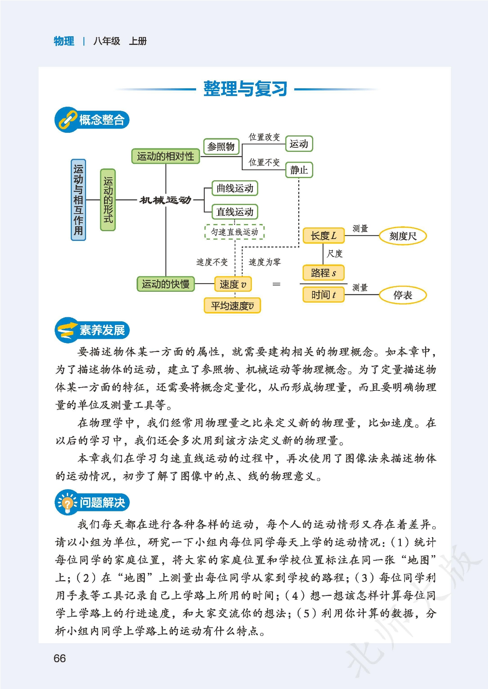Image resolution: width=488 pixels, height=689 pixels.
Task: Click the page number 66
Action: [x=60, y=658]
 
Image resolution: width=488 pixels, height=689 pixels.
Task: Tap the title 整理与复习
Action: [x=245, y=89]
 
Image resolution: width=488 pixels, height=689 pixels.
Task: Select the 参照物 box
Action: [x=221, y=146]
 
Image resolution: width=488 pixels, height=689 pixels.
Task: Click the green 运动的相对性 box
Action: [x=165, y=156]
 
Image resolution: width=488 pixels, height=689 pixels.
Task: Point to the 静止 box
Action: [x=299, y=170]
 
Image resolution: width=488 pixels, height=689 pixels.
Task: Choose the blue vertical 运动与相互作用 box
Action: [x=78, y=199]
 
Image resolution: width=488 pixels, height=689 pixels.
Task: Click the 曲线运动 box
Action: [x=235, y=188]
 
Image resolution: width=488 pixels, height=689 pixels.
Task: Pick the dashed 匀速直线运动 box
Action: [x=235, y=232]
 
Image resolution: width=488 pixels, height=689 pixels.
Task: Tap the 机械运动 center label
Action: [x=165, y=200]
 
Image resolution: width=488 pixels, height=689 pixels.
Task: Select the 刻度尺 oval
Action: [x=403, y=236]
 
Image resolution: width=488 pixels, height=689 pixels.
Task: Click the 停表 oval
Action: [x=403, y=295]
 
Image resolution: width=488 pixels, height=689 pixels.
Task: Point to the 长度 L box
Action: [x=323, y=236]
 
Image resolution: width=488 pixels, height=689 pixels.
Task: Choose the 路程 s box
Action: [x=323, y=273]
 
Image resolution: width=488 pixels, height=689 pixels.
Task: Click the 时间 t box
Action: [x=323, y=295]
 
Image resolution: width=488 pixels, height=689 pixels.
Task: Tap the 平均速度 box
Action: [x=232, y=306]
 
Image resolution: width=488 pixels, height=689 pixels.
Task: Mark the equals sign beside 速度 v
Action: [x=276, y=284]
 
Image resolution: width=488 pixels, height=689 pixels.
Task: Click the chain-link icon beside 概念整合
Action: [x=67, y=120]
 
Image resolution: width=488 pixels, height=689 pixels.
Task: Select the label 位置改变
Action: [x=264, y=137]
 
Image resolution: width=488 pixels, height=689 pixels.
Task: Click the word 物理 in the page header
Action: [x=64, y=41]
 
